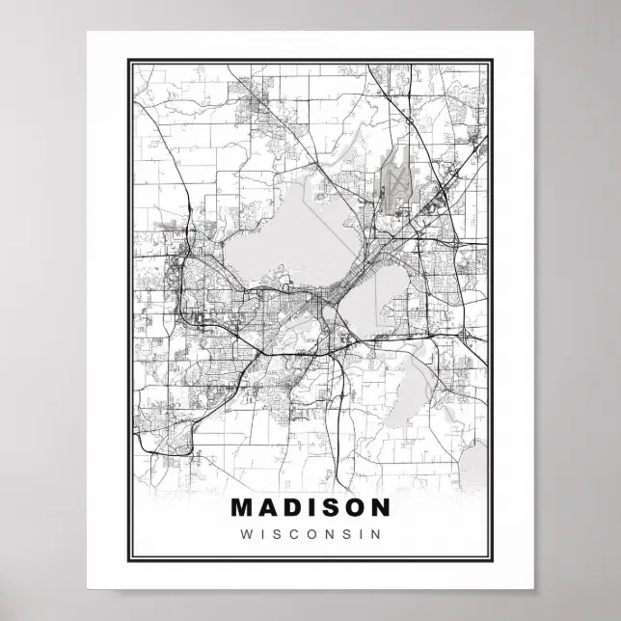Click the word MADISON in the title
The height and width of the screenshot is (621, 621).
point(311,507)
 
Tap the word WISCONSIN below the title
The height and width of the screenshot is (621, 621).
point(311,532)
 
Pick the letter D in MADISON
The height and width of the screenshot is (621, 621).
point(294,507)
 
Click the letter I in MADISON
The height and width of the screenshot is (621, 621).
point(312,507)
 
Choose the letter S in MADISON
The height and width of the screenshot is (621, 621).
point(330,507)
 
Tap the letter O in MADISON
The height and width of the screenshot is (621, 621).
point(354,507)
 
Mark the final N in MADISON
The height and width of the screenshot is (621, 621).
point(380,507)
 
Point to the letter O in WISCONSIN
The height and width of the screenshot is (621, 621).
point(311,532)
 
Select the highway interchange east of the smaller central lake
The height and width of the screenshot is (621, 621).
point(465,333)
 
